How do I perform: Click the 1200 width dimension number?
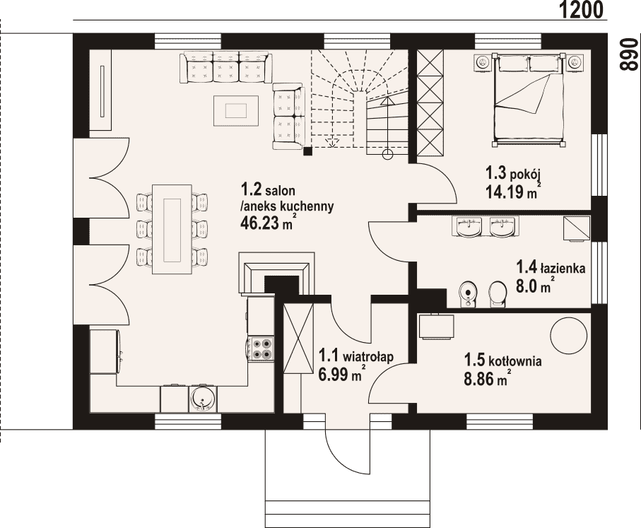tap(580, 9)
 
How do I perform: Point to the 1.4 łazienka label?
tap(551, 268)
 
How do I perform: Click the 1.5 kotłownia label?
tap(502, 360)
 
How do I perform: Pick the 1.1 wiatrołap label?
tap(355, 356)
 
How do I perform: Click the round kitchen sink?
tap(202, 399)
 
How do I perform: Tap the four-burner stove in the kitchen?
tap(261, 348)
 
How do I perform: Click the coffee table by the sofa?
tap(236, 110)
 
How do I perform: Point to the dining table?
tap(172, 229)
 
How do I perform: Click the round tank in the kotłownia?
tap(568, 336)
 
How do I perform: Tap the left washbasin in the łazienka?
tap(468, 226)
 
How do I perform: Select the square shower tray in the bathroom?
tap(577, 228)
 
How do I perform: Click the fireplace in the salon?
tap(277, 272)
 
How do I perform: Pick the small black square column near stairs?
tap(308, 151)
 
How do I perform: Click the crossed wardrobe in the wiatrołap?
tap(298, 339)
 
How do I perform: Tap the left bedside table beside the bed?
tap(483, 61)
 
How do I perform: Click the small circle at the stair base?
tap(387, 155)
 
